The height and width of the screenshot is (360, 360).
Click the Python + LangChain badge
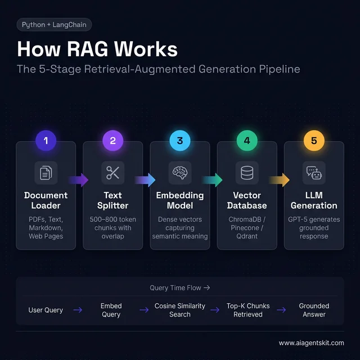54,25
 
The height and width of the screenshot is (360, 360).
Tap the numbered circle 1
46,141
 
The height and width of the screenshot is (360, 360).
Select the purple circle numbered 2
113,141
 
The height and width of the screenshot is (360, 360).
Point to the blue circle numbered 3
180,141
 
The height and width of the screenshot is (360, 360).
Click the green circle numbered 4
247,141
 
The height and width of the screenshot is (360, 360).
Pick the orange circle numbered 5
314,141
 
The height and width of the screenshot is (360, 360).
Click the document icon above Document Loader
46,173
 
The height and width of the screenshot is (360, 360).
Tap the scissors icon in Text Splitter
113,173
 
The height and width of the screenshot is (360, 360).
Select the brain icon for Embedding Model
180,173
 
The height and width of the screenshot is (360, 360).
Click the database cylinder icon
247,173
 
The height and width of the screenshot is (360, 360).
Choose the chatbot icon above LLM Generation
314,173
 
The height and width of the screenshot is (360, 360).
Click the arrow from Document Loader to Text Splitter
79,180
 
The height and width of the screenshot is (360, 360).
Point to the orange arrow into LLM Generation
280,180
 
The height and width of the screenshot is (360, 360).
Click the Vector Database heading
247,200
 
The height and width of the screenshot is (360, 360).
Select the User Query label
46,310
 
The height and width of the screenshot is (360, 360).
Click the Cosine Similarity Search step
180,310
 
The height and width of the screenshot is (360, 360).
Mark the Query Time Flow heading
179,288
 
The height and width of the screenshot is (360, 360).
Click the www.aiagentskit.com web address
311,343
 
